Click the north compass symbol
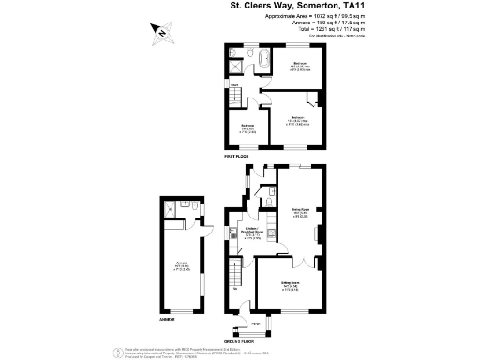(x=162, y=34)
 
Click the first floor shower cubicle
(x=234, y=65)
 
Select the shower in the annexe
(x=171, y=211)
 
